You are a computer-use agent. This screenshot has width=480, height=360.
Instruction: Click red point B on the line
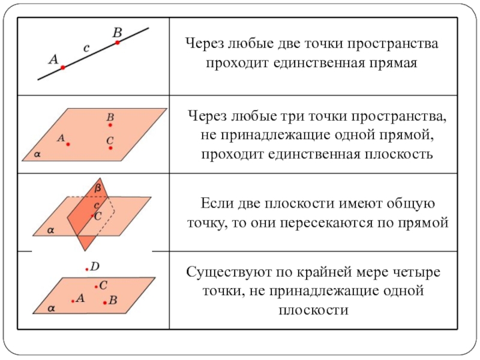(117, 43)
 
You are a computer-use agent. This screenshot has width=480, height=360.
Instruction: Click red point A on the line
(63, 67)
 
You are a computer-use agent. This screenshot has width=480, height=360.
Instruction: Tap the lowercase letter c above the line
(86, 48)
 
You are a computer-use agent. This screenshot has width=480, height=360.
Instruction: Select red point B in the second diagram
(110, 125)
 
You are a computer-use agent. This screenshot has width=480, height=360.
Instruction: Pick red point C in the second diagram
(110, 148)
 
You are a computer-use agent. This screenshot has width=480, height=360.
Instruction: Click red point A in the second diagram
(68, 144)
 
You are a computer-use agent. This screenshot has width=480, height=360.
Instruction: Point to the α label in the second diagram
(37, 154)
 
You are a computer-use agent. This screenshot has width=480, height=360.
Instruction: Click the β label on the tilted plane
(98, 188)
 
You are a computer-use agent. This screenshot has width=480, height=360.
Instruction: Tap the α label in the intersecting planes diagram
(50, 230)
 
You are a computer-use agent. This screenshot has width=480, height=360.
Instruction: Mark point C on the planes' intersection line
(92, 216)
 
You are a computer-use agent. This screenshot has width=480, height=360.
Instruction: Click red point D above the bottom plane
(87, 269)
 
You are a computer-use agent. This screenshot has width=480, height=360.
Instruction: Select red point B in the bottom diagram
(105, 303)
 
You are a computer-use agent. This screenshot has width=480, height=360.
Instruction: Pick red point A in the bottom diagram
(73, 301)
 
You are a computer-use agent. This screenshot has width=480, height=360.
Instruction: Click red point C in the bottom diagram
(96, 287)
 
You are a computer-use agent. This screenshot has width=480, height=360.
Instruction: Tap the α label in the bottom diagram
(51, 308)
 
